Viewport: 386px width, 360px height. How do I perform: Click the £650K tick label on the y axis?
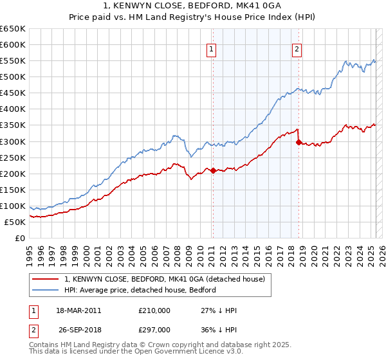click(13, 29)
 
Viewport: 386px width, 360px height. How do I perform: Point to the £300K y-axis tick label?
click(13, 141)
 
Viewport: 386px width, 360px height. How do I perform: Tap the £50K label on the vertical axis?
click(15, 222)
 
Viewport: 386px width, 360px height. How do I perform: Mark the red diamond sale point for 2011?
click(213, 170)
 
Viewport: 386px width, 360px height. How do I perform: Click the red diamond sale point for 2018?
click(299, 142)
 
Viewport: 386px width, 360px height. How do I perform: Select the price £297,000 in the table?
click(154, 330)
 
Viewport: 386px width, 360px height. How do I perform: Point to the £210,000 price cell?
click(154, 310)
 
